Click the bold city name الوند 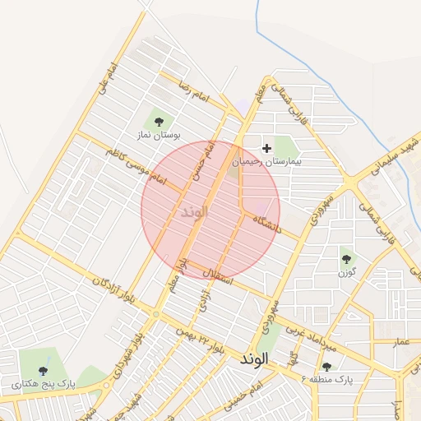click(255, 360)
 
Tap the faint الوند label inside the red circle click(195, 212)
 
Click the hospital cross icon click(266, 148)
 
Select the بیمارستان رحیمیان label click(266, 162)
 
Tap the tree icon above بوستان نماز click(159, 122)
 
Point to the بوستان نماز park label click(159, 134)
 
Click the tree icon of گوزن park click(346, 259)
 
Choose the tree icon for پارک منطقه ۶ click(327, 367)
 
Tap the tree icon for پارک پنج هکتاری click(43, 371)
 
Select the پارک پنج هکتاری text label click(43, 383)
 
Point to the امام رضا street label click(192, 95)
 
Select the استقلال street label click(217, 276)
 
